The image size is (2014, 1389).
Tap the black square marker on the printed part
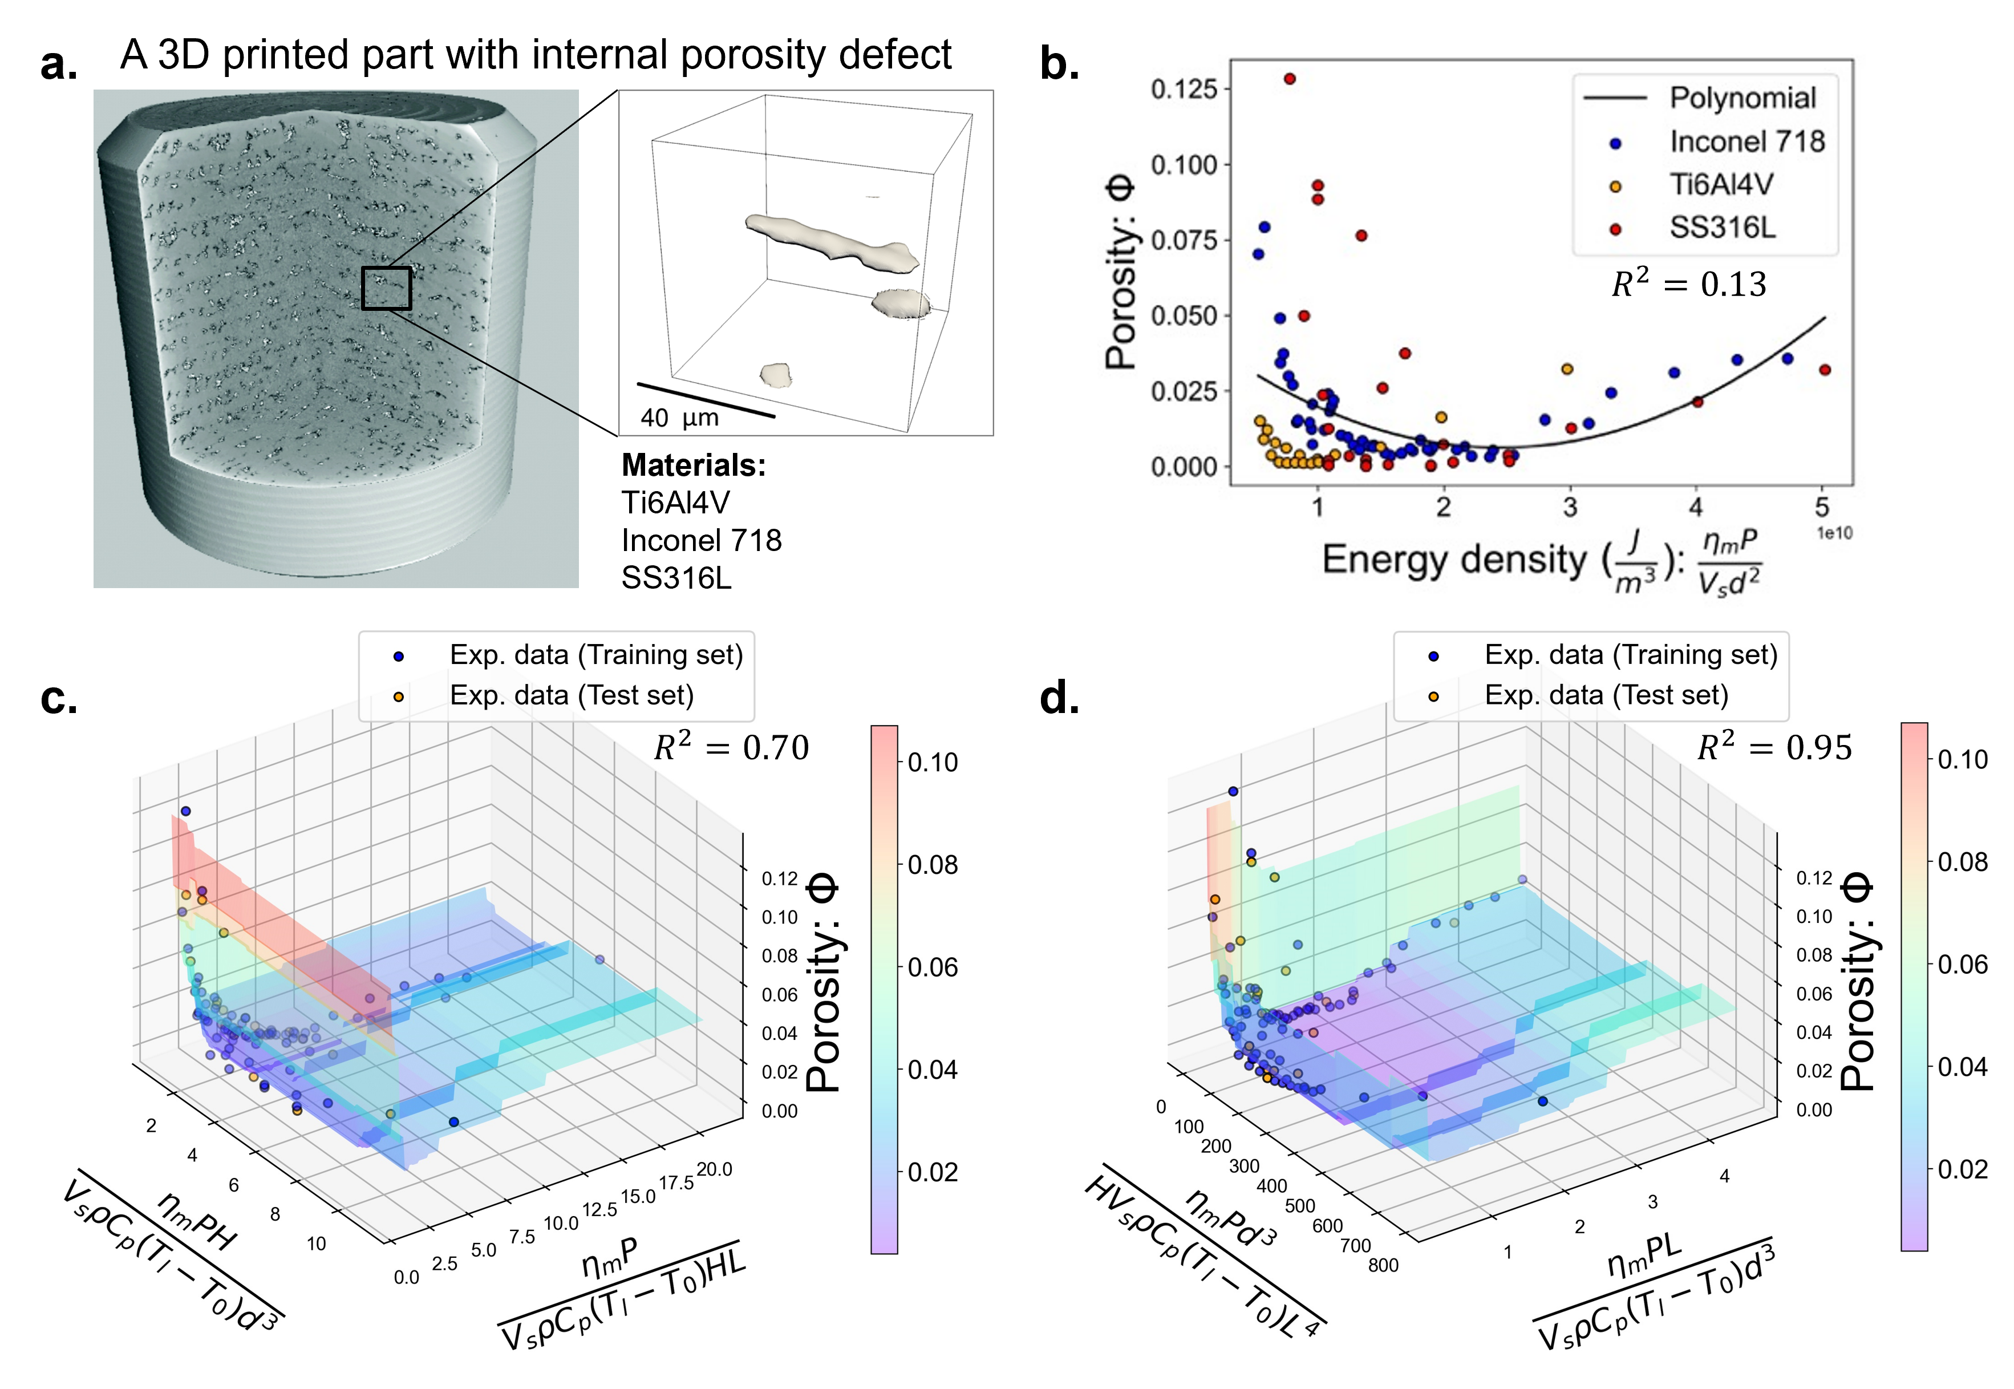tap(386, 288)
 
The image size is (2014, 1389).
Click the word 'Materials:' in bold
tap(694, 465)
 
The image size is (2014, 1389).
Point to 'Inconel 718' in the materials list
tap(701, 540)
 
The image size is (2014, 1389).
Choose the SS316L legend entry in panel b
tap(1722, 228)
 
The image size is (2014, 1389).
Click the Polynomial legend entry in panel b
tap(1743, 98)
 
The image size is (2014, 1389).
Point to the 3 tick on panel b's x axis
tap(1570, 507)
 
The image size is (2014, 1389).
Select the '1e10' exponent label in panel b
tap(1834, 533)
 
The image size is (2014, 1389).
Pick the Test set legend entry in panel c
tap(572, 695)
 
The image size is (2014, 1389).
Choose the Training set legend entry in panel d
tap(1630, 654)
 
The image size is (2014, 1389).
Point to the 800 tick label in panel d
tap(1383, 1265)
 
